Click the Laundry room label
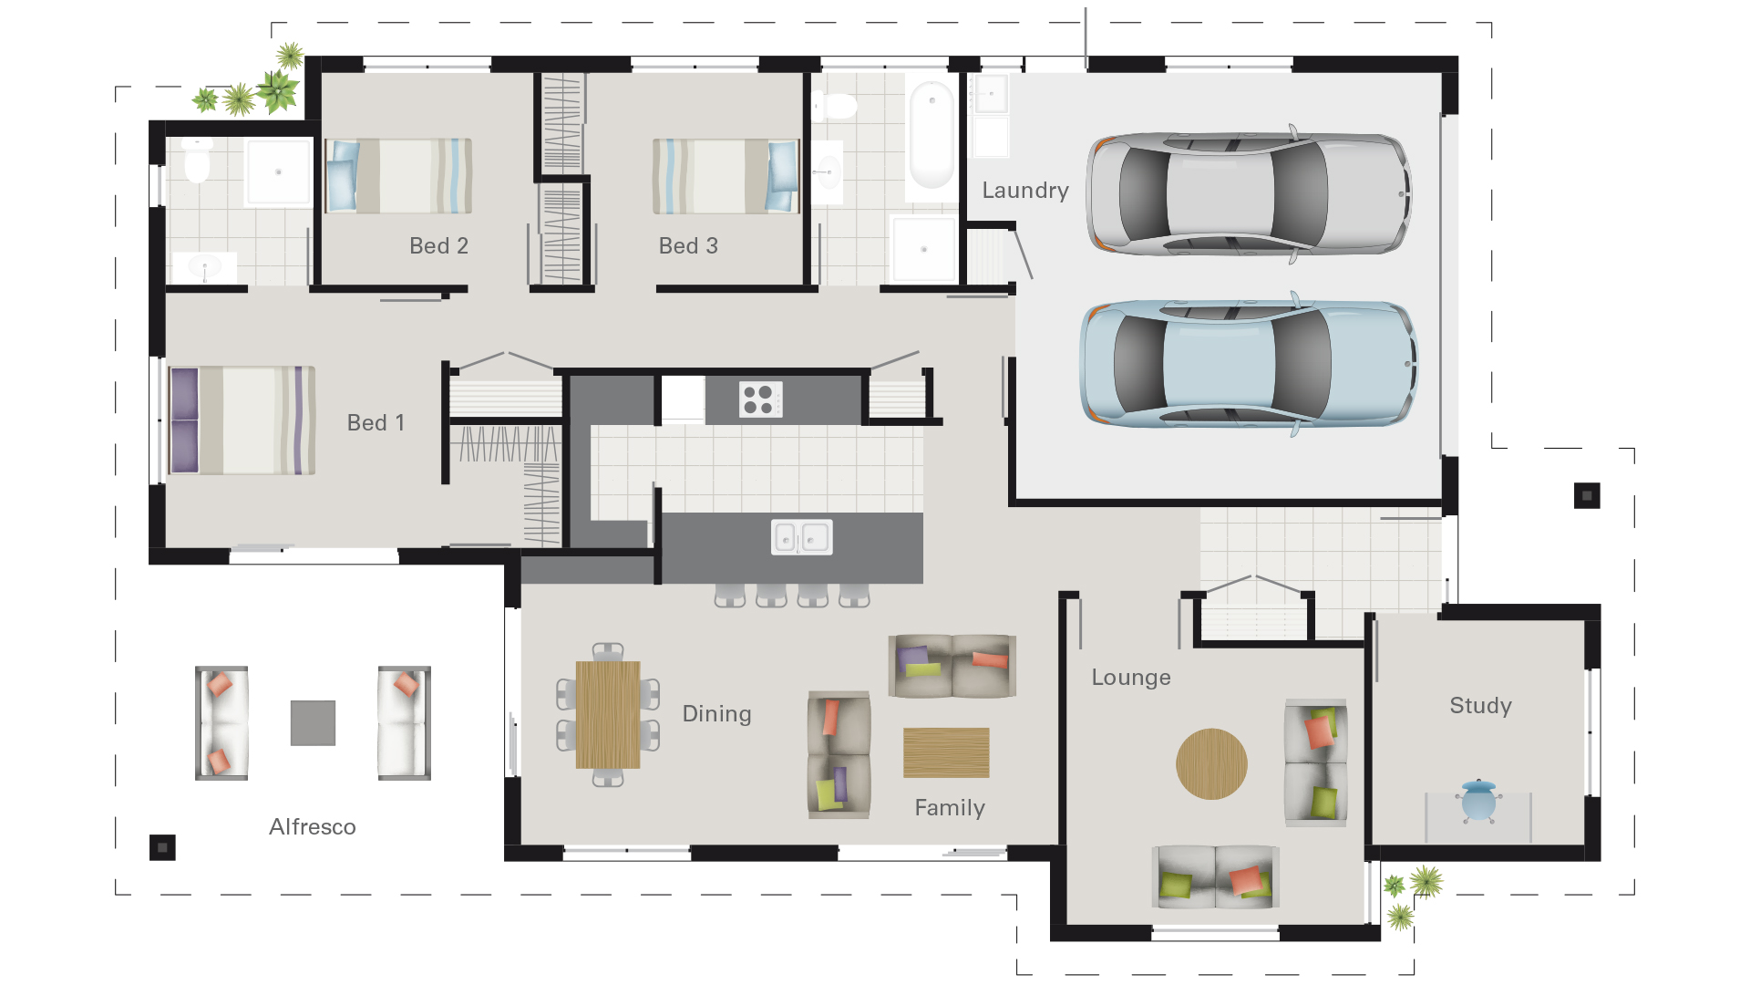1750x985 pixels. click(1024, 191)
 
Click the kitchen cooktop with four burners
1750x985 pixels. click(759, 399)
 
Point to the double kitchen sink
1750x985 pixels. click(801, 537)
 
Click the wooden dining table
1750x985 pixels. click(608, 715)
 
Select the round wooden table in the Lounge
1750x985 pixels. click(1211, 764)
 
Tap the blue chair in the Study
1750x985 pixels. click(1477, 801)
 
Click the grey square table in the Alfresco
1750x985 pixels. click(313, 723)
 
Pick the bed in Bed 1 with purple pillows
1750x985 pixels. click(242, 420)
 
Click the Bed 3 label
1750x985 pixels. click(688, 246)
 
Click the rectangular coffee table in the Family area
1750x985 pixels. click(946, 752)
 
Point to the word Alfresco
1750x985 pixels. click(312, 827)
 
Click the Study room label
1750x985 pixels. click(1480, 706)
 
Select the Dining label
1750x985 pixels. click(716, 714)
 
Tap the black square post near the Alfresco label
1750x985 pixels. click(162, 848)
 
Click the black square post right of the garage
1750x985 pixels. click(1587, 496)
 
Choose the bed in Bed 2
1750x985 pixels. click(398, 176)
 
